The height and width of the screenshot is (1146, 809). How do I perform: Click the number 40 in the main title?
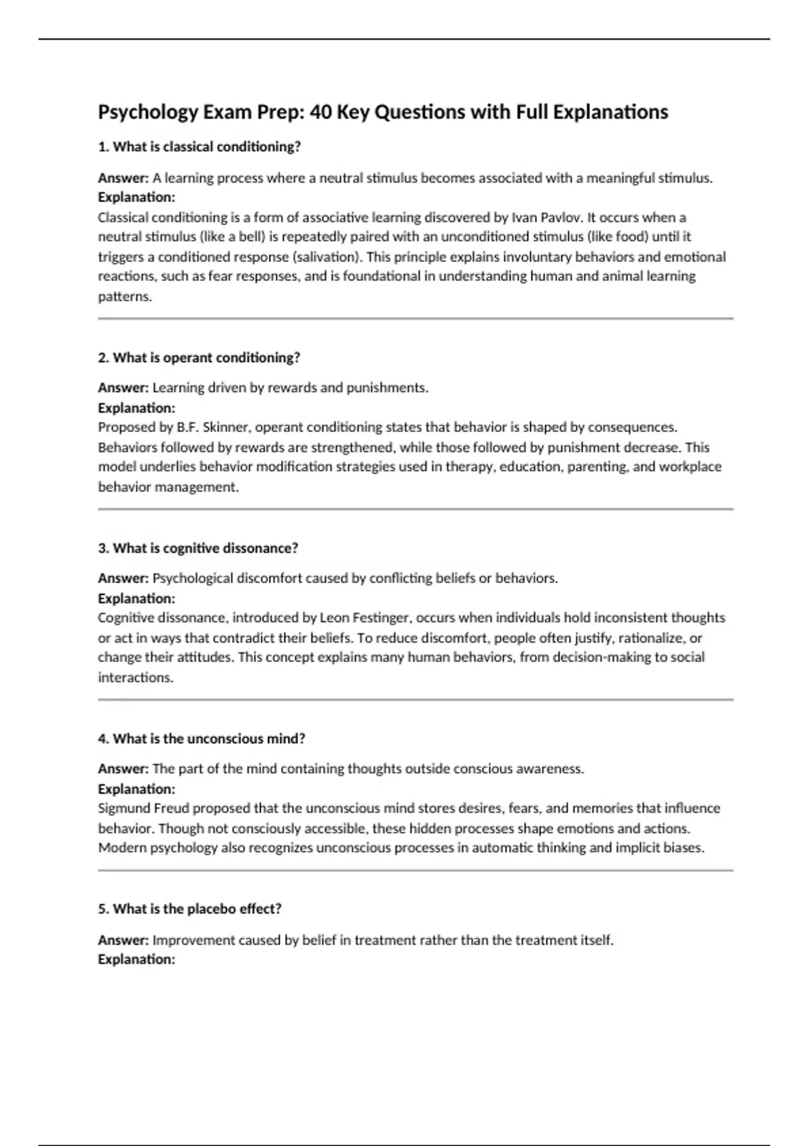pos(320,112)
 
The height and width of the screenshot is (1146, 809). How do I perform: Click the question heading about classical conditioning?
pos(200,147)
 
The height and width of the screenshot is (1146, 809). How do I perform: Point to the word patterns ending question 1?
pos(125,297)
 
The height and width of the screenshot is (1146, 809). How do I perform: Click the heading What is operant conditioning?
pos(199,358)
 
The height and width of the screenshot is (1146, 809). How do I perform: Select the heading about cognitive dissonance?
pos(198,549)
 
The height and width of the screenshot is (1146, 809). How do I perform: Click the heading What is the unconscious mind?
pos(202,739)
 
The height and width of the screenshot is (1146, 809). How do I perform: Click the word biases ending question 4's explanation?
pos(683,848)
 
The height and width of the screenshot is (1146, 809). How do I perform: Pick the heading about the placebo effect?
pos(189,909)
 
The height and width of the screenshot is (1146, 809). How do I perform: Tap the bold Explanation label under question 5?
pos(136,959)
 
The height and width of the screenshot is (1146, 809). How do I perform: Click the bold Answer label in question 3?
pos(123,578)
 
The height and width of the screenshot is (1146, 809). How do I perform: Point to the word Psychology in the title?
pos(148,112)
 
